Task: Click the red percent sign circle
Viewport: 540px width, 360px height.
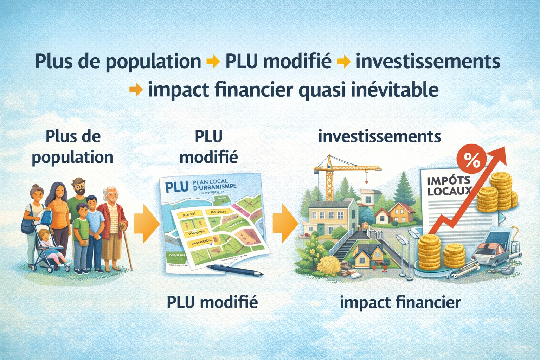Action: tap(471, 160)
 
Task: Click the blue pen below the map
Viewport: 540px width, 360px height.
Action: tap(234, 270)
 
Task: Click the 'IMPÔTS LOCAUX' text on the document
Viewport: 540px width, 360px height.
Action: tap(448, 186)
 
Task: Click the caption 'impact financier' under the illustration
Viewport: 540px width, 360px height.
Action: tap(400, 302)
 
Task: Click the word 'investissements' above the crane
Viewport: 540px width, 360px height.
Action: tap(379, 136)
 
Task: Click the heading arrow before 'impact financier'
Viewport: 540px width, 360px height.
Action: tap(136, 90)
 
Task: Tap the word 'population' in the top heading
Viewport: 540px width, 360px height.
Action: tap(153, 62)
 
